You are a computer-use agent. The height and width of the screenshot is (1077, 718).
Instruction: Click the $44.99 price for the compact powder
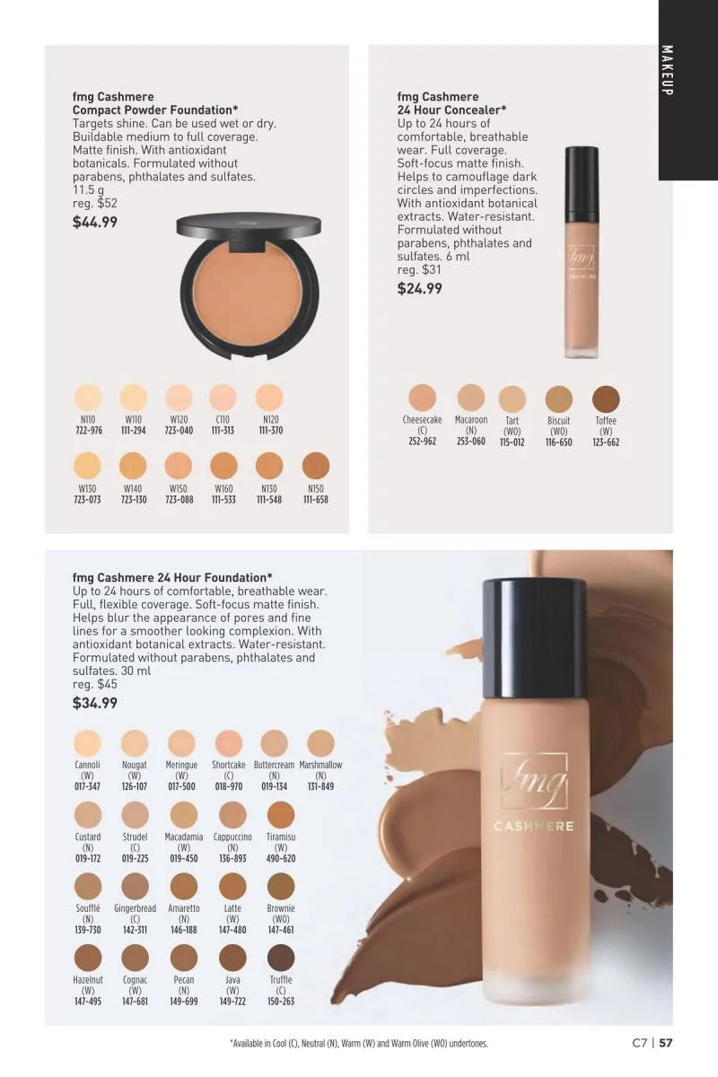point(95,223)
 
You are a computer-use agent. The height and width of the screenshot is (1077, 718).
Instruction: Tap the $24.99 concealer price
point(419,288)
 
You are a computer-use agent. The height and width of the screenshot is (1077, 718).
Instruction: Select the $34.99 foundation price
point(95,703)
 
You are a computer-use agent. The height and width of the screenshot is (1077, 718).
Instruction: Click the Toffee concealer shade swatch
point(606,399)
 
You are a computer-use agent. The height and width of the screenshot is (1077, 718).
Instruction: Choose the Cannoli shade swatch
point(88,743)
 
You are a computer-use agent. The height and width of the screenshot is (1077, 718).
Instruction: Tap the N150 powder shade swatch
point(316,466)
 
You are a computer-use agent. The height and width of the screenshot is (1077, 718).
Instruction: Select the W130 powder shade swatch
point(87,466)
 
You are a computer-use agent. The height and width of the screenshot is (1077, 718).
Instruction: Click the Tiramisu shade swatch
point(281,815)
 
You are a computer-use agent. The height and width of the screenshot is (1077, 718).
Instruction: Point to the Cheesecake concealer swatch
point(422,398)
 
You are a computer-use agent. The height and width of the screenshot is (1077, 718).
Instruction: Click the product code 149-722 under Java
point(232,1002)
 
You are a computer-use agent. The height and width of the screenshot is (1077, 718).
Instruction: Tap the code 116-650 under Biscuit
point(559,442)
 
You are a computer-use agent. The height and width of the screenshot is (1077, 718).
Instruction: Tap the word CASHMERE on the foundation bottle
point(534,827)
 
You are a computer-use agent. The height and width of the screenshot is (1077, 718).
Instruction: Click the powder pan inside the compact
point(248,293)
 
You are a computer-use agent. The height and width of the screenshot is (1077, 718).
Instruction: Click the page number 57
point(666,1043)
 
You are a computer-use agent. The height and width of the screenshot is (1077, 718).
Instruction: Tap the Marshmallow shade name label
point(320,765)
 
